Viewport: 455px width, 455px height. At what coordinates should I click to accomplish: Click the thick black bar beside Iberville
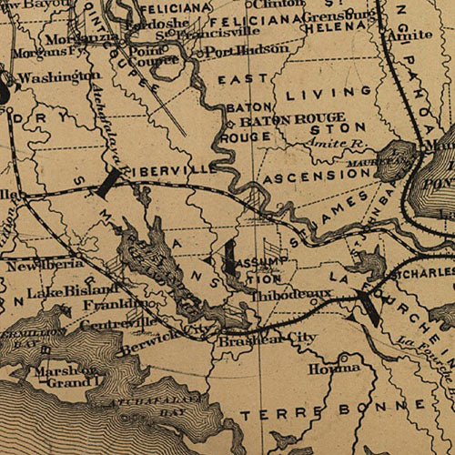[108, 182]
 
